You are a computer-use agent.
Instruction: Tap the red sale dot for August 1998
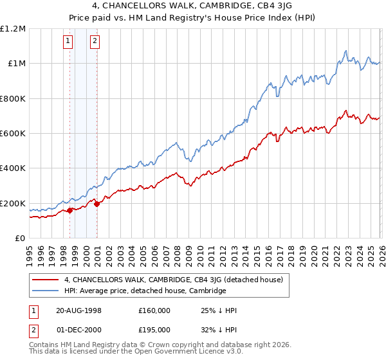(69, 210)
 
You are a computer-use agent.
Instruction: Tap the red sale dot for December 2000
(96, 204)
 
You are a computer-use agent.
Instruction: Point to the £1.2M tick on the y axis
(13, 29)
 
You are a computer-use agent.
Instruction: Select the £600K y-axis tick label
(13, 134)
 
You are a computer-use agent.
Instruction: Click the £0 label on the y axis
(19, 239)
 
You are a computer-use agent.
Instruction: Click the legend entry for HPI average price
(145, 291)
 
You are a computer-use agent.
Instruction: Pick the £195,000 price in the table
(154, 330)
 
